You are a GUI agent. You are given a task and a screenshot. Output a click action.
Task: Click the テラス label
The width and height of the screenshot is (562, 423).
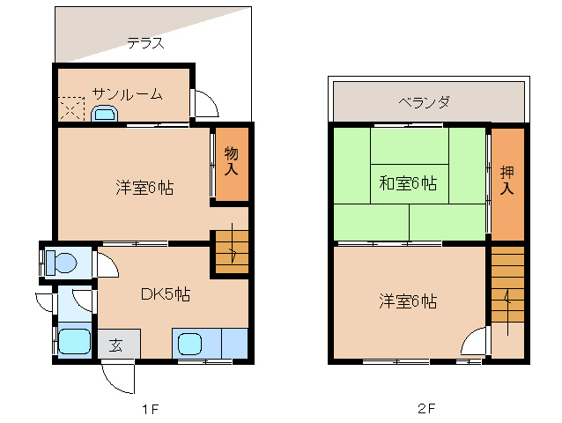145,42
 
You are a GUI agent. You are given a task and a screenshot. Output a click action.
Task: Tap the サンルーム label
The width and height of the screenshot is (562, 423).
127,94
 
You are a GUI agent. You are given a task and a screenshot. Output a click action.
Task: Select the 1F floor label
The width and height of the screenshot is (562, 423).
151,409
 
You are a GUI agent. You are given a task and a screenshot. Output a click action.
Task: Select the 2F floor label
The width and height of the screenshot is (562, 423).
427,409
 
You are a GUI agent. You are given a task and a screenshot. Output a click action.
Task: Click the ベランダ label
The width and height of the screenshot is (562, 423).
424,102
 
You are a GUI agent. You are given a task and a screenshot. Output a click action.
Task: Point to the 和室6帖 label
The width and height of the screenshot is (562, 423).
408,183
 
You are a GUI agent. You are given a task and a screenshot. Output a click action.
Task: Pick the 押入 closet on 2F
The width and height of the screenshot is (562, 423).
507,182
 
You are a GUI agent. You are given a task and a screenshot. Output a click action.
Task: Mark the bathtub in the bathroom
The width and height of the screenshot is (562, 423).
73,342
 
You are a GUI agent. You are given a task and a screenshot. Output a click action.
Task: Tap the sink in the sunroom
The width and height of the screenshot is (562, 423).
104,113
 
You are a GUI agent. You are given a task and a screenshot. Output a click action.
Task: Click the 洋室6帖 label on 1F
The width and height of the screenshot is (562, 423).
144,188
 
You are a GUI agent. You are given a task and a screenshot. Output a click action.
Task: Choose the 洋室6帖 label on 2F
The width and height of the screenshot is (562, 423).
408,301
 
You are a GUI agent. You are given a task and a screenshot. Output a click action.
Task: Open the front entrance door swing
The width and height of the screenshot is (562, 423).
118,377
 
